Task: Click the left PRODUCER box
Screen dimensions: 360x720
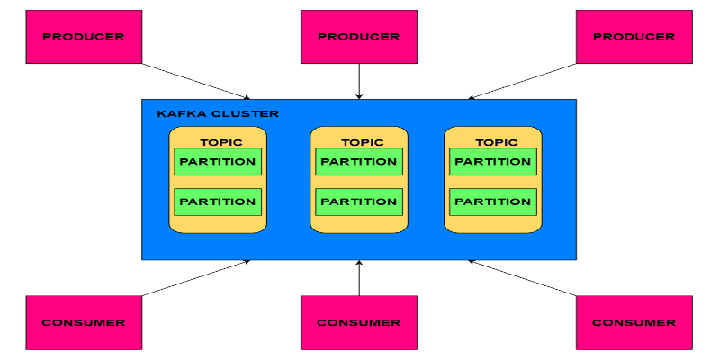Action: pos(84,37)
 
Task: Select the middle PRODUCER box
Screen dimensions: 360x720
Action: pos(359,37)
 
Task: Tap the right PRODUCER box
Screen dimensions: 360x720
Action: pos(634,37)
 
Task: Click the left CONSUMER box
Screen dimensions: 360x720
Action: pos(84,322)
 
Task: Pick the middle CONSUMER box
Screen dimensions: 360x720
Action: pos(359,322)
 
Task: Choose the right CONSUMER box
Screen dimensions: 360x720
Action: pos(634,322)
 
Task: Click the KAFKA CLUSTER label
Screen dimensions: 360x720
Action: pos(218,114)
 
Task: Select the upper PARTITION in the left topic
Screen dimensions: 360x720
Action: pos(218,162)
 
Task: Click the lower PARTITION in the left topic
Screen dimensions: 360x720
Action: pos(218,202)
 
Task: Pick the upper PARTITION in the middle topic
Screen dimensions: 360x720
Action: pos(359,162)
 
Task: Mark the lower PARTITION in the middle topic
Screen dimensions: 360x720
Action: pos(359,202)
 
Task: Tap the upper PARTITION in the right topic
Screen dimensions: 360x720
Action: pos(493,162)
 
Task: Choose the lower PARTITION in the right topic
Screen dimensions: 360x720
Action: pos(493,202)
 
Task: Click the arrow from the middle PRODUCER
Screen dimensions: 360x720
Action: pos(359,81)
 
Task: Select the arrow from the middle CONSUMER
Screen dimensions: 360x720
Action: pos(359,278)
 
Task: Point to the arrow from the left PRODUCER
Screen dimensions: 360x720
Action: pos(196,81)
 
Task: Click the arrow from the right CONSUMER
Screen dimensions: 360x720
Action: pos(522,278)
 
